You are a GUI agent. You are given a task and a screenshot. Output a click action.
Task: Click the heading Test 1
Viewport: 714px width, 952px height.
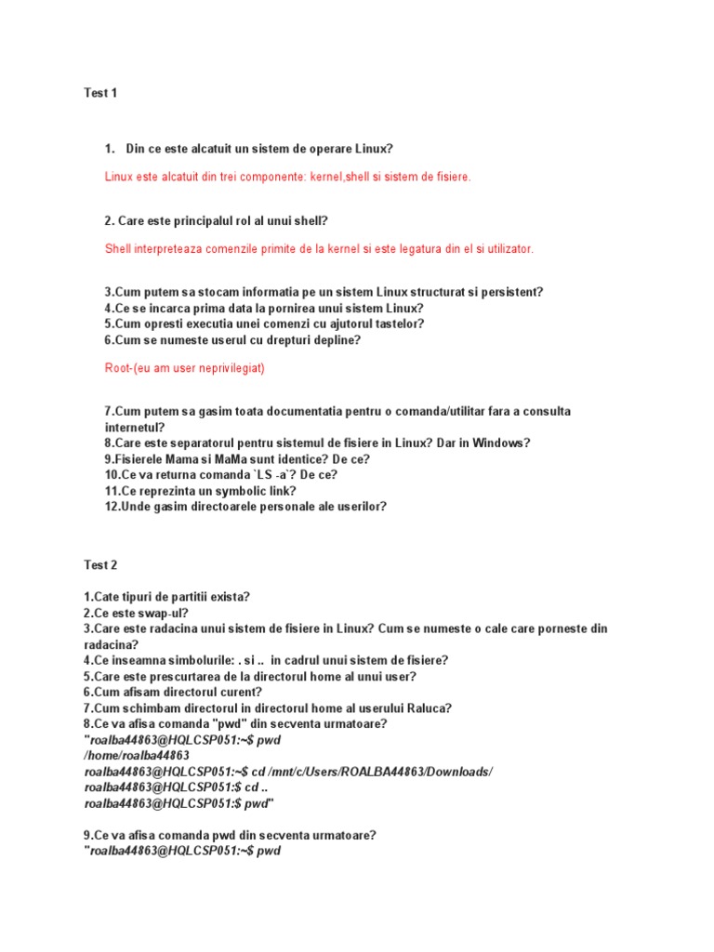click(100, 93)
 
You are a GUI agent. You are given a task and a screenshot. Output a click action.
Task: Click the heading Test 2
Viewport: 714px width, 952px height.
click(100, 564)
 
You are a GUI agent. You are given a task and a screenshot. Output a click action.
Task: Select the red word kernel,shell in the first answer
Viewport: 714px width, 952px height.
click(345, 177)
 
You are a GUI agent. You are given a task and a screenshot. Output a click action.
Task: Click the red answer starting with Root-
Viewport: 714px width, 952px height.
click(185, 368)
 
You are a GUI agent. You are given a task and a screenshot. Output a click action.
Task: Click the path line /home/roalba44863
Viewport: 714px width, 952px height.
click(137, 756)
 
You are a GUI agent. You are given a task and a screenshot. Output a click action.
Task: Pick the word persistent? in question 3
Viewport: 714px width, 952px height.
click(510, 292)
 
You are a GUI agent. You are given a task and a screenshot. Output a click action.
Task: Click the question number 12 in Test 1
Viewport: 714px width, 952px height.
click(112, 506)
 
